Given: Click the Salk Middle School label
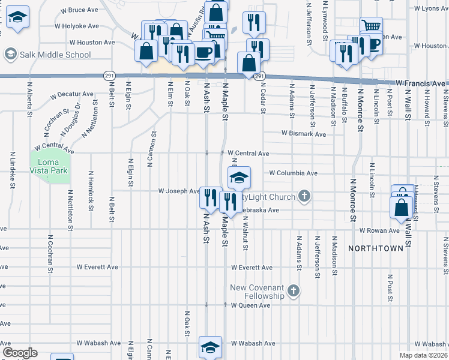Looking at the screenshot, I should (x=55, y=55).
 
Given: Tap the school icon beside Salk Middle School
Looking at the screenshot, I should (x=10, y=55).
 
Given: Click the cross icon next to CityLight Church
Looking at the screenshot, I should (x=304, y=196).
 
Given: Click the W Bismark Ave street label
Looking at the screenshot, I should (x=304, y=134).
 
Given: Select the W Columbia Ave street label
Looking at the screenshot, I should (x=293, y=173).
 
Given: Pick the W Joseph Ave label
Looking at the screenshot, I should (x=179, y=191).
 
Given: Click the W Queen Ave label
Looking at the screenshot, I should (x=251, y=305).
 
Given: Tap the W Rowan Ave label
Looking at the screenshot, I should (x=379, y=230).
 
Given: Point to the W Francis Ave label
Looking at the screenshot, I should (x=420, y=83).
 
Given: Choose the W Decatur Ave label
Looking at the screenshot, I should (x=72, y=94).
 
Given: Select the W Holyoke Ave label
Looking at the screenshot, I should (x=76, y=26).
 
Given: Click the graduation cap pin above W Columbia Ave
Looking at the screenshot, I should (x=239, y=178).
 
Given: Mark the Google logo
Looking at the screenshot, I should (x=20, y=353).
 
